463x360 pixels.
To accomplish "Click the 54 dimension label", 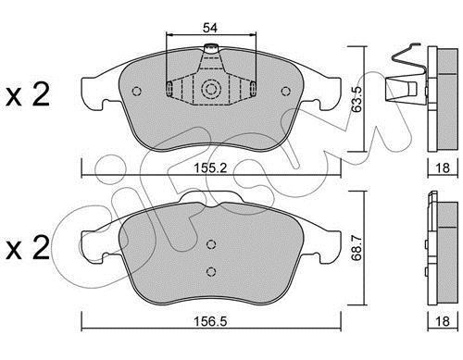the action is pos(210,28).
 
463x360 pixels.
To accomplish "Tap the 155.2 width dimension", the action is pos(210,168).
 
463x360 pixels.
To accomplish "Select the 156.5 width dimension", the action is pos(210,321).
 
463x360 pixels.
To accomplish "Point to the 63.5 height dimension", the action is pos(357,99).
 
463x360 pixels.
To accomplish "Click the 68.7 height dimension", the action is pos(357,248).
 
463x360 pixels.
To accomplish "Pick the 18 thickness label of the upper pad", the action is pos(443,168).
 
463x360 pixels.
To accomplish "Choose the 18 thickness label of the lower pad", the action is pos(443,321).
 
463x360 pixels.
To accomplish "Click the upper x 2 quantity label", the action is pos(28,95).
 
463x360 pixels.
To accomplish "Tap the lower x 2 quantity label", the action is pos(28,248).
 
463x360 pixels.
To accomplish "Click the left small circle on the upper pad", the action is pos(136,92).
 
